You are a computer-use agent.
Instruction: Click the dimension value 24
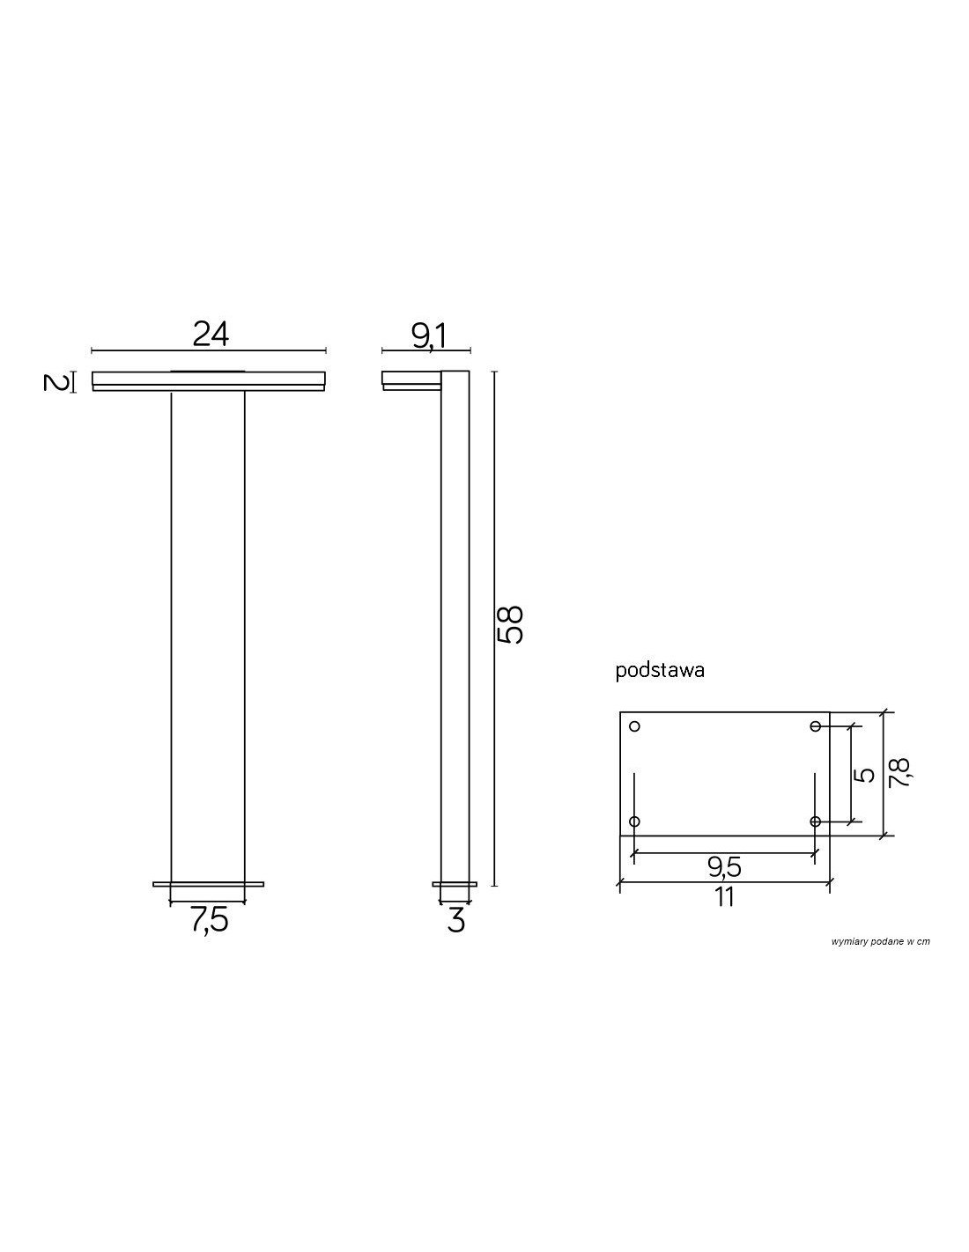coord(211,335)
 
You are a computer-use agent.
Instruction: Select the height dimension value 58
coord(510,624)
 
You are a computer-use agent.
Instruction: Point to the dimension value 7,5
coord(210,919)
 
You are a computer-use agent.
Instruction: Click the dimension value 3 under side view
coord(455,919)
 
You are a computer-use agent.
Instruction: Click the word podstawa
coord(660,671)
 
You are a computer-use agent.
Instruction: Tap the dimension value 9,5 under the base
coord(725,867)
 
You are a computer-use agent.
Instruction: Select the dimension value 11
coord(724,896)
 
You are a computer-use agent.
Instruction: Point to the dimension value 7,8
coord(899,773)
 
